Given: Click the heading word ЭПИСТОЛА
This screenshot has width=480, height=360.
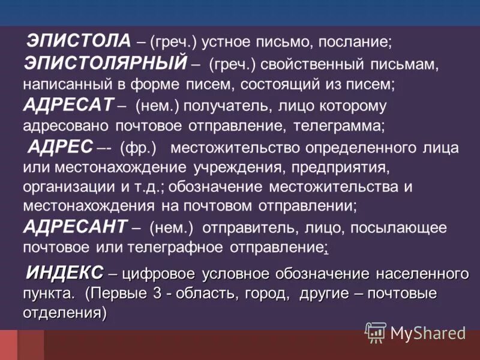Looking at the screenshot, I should tap(78, 41).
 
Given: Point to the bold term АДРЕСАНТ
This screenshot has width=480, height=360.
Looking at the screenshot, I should tap(75, 227).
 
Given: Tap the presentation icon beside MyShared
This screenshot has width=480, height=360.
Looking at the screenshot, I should tap(376, 332).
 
